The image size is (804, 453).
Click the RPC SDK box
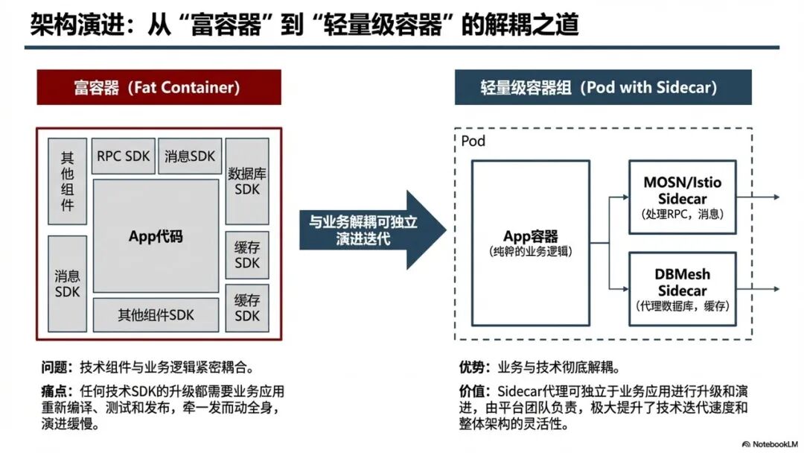(x=124, y=156)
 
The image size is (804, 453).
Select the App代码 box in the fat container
(x=156, y=236)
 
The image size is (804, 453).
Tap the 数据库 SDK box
(x=246, y=181)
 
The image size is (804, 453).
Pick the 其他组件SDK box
(x=156, y=315)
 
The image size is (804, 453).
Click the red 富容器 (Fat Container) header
(x=159, y=87)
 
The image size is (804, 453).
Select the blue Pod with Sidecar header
(x=603, y=87)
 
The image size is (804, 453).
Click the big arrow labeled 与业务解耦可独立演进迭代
(x=365, y=230)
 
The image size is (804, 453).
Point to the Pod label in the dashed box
(x=473, y=141)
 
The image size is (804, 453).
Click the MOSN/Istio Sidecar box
(x=682, y=197)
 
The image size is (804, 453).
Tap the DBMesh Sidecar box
(x=682, y=289)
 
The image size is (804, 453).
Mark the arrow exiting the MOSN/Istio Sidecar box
(x=759, y=197)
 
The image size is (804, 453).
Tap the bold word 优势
(x=473, y=367)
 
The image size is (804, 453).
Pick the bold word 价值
(x=473, y=391)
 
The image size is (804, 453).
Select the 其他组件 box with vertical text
(x=67, y=181)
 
